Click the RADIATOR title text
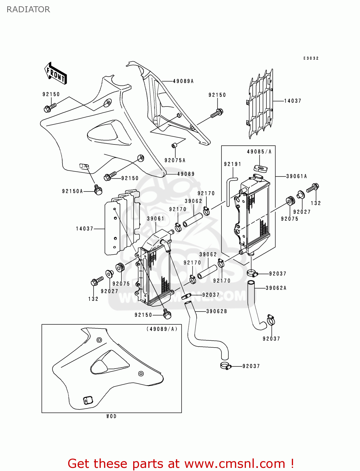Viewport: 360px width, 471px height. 28,9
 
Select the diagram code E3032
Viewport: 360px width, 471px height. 311,58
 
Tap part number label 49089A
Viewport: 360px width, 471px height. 183,81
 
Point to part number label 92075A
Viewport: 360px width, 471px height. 175,160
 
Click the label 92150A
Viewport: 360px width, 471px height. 72,191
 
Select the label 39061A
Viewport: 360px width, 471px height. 296,176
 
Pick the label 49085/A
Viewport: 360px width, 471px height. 259,152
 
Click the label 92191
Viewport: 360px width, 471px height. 232,164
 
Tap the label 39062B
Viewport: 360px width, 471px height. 216,311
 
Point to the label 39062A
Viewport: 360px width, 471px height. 276,288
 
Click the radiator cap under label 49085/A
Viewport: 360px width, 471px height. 260,168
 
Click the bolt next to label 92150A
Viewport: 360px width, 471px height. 98,189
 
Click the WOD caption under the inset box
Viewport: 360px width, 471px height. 111,416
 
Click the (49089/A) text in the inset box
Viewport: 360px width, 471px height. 162,329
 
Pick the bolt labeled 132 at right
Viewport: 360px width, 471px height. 313,188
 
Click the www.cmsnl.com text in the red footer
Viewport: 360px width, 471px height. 234,463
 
